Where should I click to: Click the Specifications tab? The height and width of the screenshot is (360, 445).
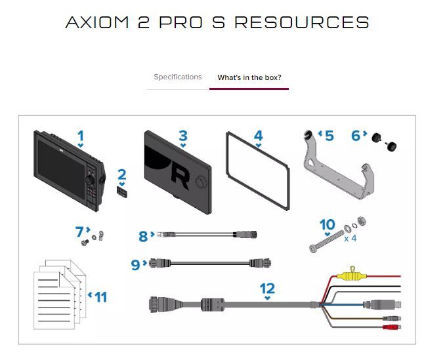point(177,77)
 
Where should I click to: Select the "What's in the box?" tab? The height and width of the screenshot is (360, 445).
point(249,77)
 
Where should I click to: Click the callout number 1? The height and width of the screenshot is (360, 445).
point(80,137)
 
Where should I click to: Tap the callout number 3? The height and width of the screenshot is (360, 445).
point(183,136)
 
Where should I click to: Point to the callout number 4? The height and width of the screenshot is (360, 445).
point(258,136)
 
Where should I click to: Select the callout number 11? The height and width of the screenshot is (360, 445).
point(100,297)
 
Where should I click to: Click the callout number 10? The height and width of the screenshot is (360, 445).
point(327,225)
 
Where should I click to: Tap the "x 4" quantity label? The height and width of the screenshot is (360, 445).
point(350,239)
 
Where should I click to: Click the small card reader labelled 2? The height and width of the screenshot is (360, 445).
point(122,191)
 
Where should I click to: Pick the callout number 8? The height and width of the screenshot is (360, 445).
point(144,236)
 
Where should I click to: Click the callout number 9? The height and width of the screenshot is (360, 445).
point(137,264)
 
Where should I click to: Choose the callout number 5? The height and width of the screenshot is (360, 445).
point(329,136)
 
